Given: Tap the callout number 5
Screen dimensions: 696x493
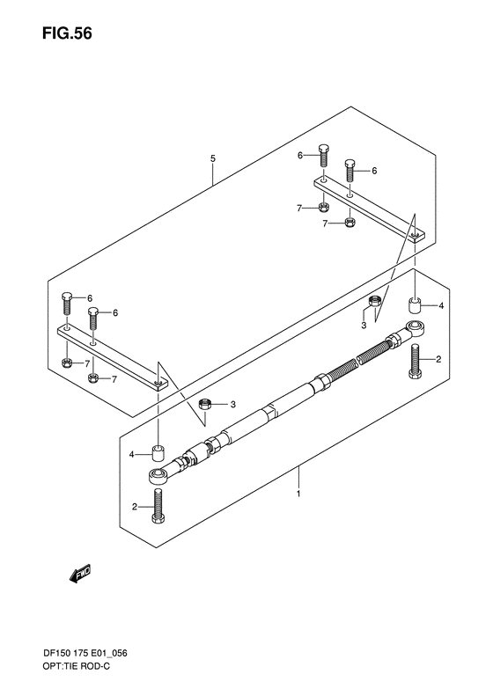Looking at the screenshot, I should tap(212, 158).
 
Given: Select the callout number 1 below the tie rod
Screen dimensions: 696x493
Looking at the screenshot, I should tap(298, 495).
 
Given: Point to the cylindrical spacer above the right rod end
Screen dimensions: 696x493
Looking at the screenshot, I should tap(415, 306).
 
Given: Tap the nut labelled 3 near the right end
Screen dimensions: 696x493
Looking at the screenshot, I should tap(374, 304).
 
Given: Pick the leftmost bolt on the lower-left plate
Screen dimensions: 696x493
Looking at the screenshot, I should tap(66, 305).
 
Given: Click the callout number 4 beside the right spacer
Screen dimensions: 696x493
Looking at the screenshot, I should tap(441, 305).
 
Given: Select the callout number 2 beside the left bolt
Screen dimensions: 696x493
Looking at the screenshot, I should tap(135, 507).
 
